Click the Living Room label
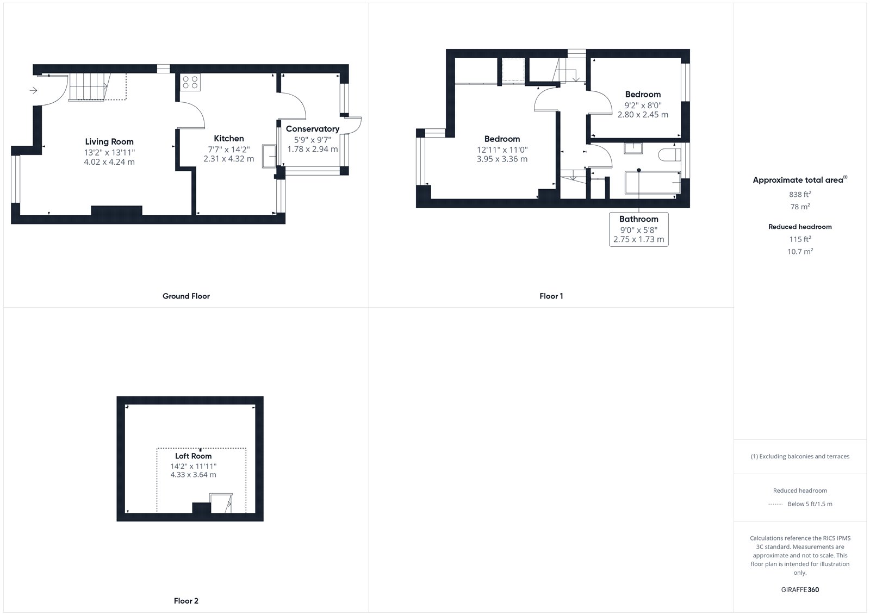(x=109, y=142)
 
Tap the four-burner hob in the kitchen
(x=190, y=82)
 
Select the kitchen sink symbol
(x=269, y=156)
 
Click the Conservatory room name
(x=313, y=128)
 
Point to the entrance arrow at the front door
(x=33, y=90)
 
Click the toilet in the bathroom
(x=669, y=154)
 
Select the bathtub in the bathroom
(x=653, y=182)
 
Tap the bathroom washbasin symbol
(x=633, y=148)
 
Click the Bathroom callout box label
(x=639, y=219)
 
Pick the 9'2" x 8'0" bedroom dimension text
(x=643, y=105)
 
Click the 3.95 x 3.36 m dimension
(x=502, y=159)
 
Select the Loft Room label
(x=194, y=456)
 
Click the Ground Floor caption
(x=186, y=296)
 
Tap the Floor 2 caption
(x=186, y=601)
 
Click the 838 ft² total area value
(x=800, y=194)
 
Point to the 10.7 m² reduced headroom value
(x=800, y=251)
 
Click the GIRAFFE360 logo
(x=800, y=590)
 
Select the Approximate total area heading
(x=800, y=179)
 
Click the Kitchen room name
(x=229, y=138)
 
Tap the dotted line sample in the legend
(x=775, y=504)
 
